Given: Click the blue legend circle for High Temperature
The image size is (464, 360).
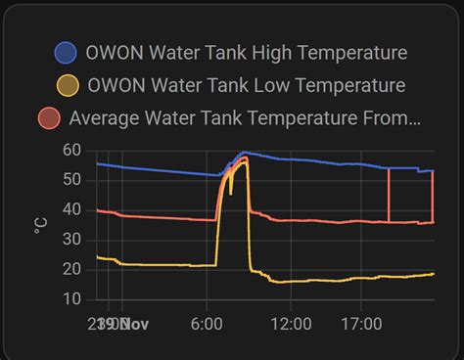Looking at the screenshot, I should pyautogui.click(x=67, y=53).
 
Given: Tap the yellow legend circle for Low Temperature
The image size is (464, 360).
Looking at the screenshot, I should pyautogui.click(x=67, y=85).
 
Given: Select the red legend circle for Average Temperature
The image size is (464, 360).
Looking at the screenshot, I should pyautogui.click(x=49, y=118).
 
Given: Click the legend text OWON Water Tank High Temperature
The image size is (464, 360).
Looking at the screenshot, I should pyautogui.click(x=246, y=53).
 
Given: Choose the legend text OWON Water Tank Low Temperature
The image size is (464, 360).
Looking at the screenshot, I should pyautogui.click(x=246, y=85).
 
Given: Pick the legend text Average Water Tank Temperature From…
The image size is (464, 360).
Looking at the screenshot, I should pyautogui.click(x=246, y=118).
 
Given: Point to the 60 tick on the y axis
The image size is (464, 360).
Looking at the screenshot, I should pyautogui.click(x=71, y=151).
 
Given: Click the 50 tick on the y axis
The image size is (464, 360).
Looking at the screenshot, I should pyautogui.click(x=71, y=180).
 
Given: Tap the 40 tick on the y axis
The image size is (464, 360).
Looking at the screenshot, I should pyautogui.click(x=71, y=209).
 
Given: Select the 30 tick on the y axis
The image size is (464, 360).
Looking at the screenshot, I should pyautogui.click(x=71, y=240).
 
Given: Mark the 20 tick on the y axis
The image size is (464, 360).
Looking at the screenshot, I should pyautogui.click(x=71, y=269).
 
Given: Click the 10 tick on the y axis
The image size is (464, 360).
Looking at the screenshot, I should pyautogui.click(x=71, y=298).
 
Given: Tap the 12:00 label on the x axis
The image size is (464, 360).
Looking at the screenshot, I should pyautogui.click(x=291, y=323).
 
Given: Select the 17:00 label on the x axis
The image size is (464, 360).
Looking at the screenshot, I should pyautogui.click(x=361, y=323).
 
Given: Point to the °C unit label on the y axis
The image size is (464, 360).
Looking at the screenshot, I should pyautogui.click(x=40, y=225).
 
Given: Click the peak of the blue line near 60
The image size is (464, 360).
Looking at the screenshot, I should pyautogui.click(x=244, y=153).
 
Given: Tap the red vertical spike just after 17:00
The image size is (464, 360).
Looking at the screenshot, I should pyautogui.click(x=390, y=196).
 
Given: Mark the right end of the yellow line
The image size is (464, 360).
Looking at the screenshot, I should pyautogui.click(x=434, y=274).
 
